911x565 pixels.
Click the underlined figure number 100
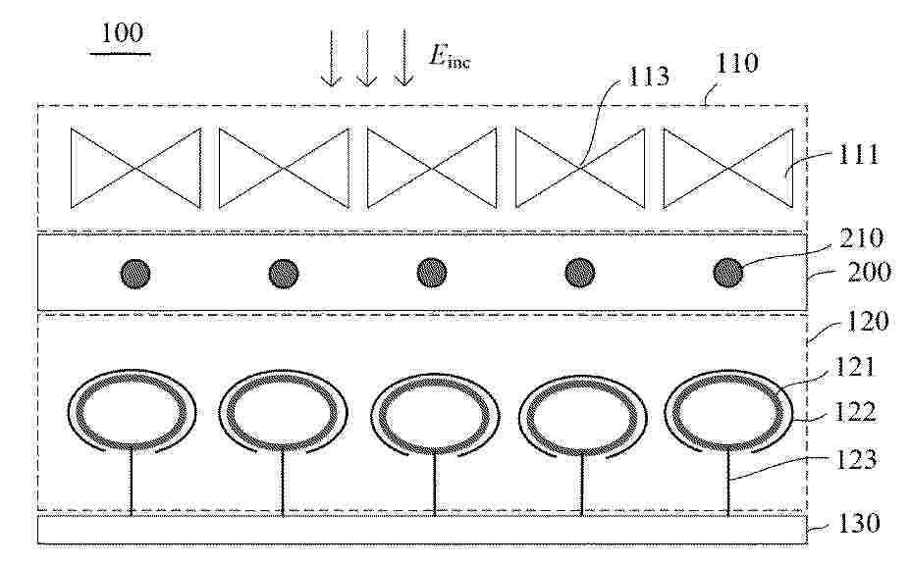[122, 33]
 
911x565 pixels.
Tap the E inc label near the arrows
[450, 57]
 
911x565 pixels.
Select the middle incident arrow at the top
[366, 58]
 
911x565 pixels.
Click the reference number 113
[648, 77]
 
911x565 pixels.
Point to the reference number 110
[736, 63]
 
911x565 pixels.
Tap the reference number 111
[859, 154]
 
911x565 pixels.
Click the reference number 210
[862, 238]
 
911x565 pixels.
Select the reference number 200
[869, 272]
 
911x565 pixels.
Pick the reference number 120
[868, 321]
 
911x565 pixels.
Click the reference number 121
[855, 367]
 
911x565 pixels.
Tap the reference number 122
[855, 412]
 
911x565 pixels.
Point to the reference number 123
[856, 460]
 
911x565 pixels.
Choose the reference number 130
[859, 523]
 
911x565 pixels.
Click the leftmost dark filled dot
[135, 274]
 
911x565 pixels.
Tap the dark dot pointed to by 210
[728, 273]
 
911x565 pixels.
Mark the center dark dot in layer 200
[432, 273]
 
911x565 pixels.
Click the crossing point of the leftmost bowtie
[135, 169]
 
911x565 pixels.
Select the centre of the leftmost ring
[132, 412]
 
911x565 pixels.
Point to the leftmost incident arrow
[331, 58]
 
